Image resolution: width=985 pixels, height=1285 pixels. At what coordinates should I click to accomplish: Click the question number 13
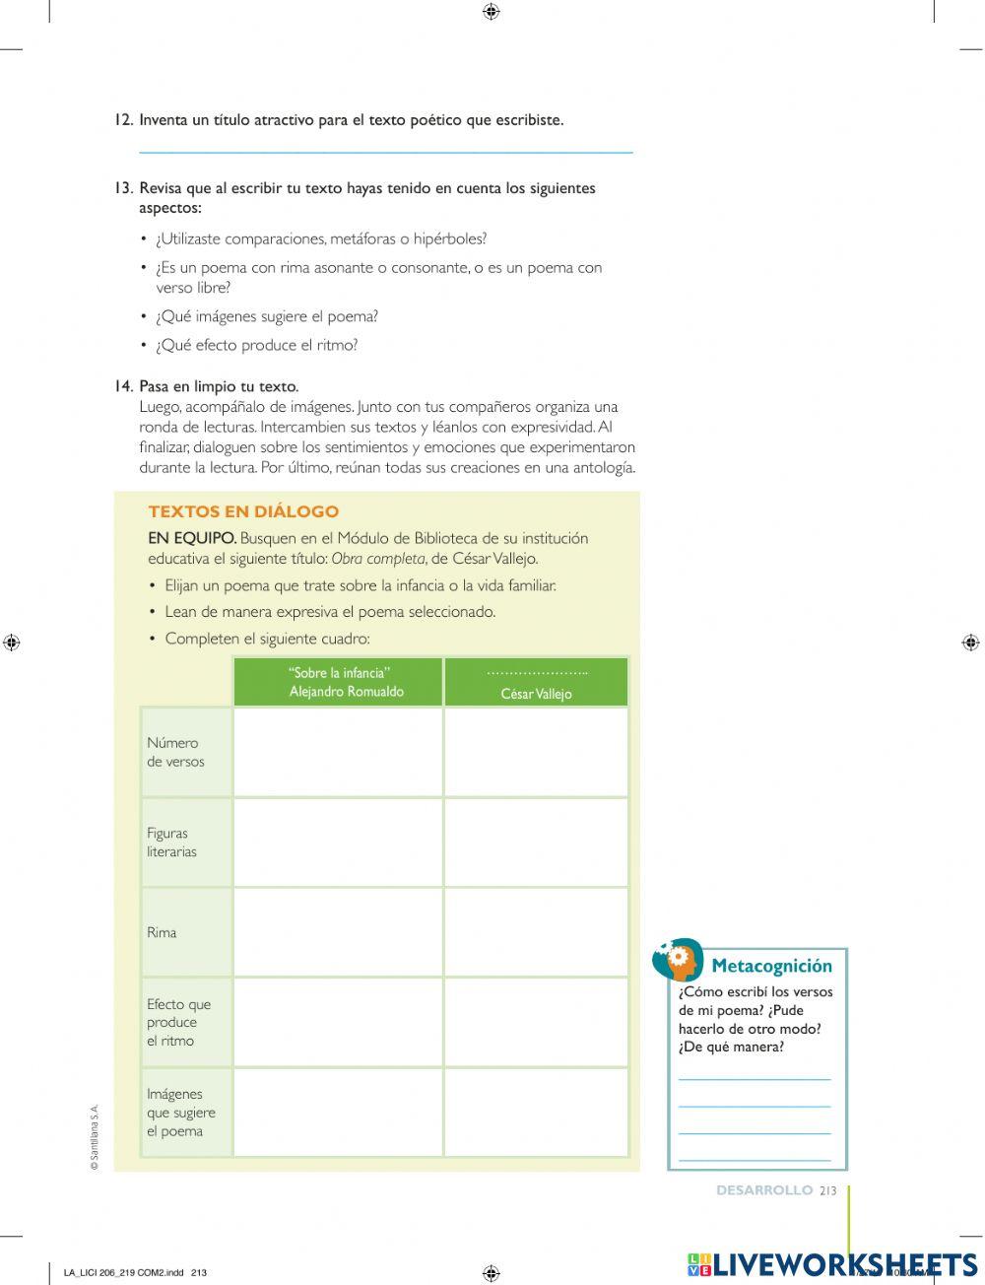(x=123, y=188)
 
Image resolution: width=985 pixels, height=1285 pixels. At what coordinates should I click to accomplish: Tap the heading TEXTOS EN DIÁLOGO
(x=243, y=511)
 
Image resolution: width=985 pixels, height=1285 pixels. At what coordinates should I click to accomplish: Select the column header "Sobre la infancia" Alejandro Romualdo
(x=338, y=682)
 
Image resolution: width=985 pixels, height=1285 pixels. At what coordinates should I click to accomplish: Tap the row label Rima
(x=163, y=932)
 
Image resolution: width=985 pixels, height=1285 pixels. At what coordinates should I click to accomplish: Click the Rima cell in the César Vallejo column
(x=536, y=932)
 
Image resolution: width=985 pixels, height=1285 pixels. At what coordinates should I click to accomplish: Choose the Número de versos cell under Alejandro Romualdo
(x=338, y=752)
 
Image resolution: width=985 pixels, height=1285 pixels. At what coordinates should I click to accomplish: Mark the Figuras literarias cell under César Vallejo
(x=536, y=843)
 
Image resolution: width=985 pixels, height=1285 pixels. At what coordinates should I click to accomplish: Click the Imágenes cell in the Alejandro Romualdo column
(x=338, y=1113)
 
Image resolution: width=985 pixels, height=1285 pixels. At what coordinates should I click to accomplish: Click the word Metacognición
(x=771, y=966)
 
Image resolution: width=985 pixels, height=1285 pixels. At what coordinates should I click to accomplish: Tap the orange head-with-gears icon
(x=679, y=959)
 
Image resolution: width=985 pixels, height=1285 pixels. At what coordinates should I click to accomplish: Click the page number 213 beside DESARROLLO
(x=827, y=1190)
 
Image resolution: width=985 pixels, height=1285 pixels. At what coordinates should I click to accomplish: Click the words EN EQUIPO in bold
(x=192, y=538)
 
